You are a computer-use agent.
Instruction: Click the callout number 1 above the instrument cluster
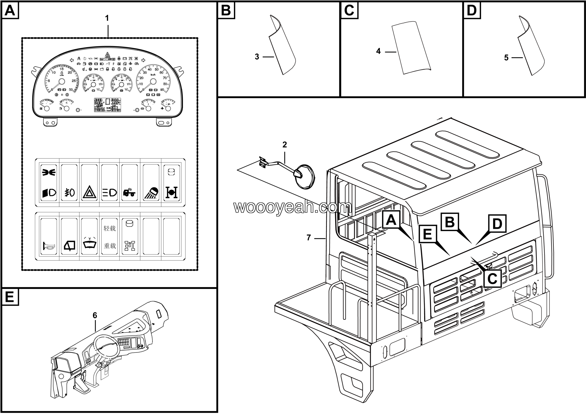click(x=107, y=18)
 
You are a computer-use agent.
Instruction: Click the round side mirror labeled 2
click(x=304, y=177)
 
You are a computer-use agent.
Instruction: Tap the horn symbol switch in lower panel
click(x=49, y=247)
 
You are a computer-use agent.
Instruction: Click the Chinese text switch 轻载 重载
click(x=109, y=237)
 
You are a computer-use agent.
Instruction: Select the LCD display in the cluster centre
click(x=107, y=105)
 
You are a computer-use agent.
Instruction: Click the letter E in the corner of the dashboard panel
click(x=10, y=297)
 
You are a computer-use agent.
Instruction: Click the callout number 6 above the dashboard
click(x=95, y=316)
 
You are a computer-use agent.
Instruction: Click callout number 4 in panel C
click(x=378, y=51)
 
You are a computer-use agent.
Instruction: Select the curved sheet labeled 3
click(x=282, y=46)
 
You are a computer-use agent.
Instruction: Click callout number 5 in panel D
click(x=506, y=58)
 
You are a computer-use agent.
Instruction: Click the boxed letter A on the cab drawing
click(x=391, y=220)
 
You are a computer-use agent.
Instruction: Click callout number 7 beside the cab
click(x=309, y=238)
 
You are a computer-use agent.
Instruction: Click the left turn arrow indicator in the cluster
click(x=72, y=60)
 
